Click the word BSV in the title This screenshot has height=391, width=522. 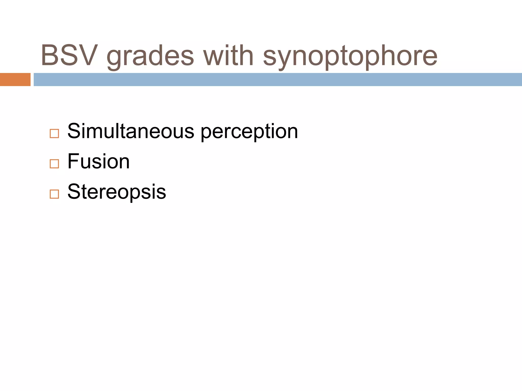[x=69, y=55]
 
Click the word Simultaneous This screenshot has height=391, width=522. [x=131, y=131]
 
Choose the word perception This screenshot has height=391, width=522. [x=249, y=132]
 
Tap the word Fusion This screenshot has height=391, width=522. [x=99, y=161]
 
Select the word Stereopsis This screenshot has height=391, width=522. [x=117, y=192]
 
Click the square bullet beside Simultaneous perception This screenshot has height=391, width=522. [x=54, y=133]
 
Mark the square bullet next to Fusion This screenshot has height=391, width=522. [x=54, y=164]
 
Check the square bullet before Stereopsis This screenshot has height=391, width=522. [x=54, y=194]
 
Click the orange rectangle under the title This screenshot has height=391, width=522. [x=15, y=79]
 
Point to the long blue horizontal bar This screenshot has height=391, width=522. [x=278, y=79]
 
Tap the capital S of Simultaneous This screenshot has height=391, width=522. [x=74, y=131]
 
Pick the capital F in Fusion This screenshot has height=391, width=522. [x=73, y=161]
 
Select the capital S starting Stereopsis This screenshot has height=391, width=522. [x=74, y=192]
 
